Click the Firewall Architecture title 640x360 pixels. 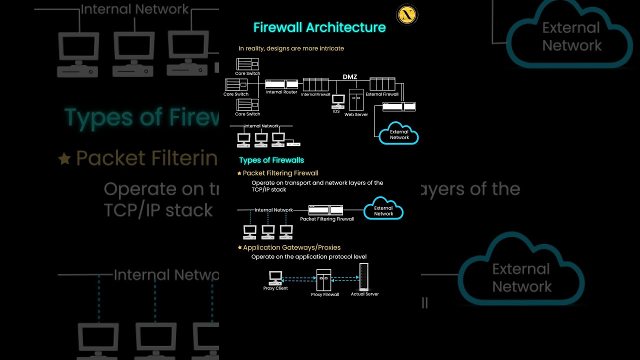[319, 27]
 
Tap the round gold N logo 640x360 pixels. [406, 15]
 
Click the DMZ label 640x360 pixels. [349, 77]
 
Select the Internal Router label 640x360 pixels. [281, 92]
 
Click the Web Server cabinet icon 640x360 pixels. [356, 100]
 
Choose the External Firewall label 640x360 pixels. [382, 94]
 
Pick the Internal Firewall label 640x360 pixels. [315, 94]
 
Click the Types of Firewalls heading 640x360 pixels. [271, 160]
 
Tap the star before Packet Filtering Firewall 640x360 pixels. [239, 173]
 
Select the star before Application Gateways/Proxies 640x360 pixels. [239, 248]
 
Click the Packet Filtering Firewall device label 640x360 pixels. [327, 219]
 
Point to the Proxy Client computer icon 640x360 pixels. [275, 277]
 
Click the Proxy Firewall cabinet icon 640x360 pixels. [323, 280]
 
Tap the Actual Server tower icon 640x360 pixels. [364, 277]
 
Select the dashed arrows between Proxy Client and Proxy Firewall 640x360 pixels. [299, 279]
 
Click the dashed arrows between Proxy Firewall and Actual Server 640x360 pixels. [345, 278]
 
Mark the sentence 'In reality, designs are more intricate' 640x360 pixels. [291, 48]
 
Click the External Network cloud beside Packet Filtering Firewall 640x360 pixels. [383, 210]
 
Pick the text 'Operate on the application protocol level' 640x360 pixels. [309, 257]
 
